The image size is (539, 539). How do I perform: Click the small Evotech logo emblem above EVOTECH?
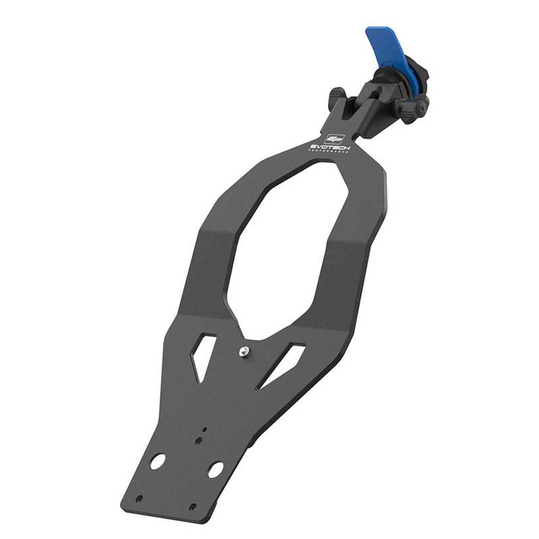[x=334, y=137]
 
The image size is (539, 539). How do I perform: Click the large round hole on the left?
[x=158, y=462]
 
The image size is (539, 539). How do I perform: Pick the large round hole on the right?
[x=216, y=470]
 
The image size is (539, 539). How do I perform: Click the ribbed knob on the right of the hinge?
[x=412, y=106]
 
